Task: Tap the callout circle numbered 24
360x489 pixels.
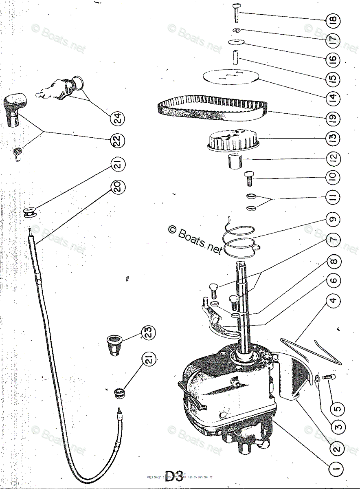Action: [118, 119]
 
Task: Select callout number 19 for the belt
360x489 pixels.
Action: [333, 119]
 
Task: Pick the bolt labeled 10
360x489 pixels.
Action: [249, 178]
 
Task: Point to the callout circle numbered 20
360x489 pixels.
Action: [118, 187]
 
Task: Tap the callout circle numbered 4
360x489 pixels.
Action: [333, 301]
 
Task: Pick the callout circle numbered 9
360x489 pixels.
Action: [333, 219]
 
